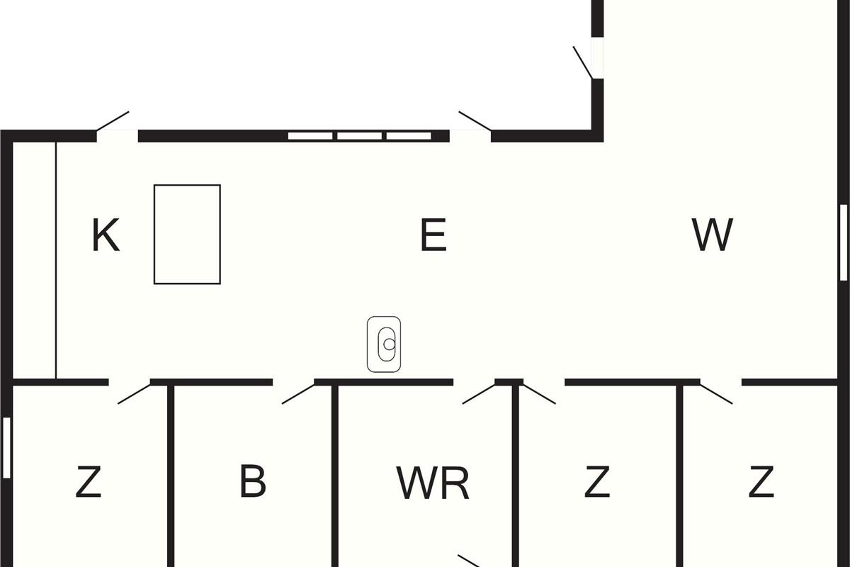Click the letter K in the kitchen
click(x=106, y=236)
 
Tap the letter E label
click(x=433, y=236)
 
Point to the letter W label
click(x=712, y=236)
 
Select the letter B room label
click(x=253, y=481)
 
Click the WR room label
click(x=432, y=483)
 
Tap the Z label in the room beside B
click(x=89, y=483)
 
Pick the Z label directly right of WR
click(x=597, y=483)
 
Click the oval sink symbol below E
click(x=384, y=344)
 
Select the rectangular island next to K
click(x=187, y=235)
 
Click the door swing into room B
click(x=297, y=393)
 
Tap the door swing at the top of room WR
click(x=478, y=393)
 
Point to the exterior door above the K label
click(x=113, y=121)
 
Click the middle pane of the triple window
click(x=359, y=135)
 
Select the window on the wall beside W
click(x=844, y=242)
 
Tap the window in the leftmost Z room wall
click(x=6, y=447)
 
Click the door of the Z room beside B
click(x=134, y=393)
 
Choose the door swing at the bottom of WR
click(x=469, y=560)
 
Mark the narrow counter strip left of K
click(x=34, y=259)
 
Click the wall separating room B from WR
click(x=334, y=475)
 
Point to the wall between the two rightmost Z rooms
click(x=680, y=475)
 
